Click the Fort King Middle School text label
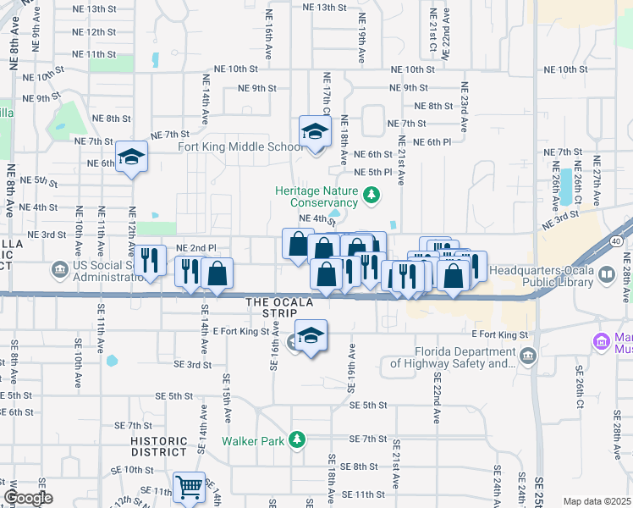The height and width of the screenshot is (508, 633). tap(240, 146)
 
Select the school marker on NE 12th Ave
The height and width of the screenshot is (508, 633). tap(131, 157)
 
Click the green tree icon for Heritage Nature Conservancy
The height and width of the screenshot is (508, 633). tap(371, 197)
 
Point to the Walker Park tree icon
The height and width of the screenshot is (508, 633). tap(296, 439)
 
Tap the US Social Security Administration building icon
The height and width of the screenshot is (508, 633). tap(59, 269)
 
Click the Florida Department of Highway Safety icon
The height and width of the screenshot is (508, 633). tap(529, 354)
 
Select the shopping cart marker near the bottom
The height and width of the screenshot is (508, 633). tap(189, 487)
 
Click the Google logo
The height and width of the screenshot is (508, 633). tap(28, 498)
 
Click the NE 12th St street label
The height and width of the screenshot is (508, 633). tap(95, 32)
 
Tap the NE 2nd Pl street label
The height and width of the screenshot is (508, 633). tap(195, 248)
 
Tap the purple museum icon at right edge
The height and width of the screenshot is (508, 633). tap(602, 341)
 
